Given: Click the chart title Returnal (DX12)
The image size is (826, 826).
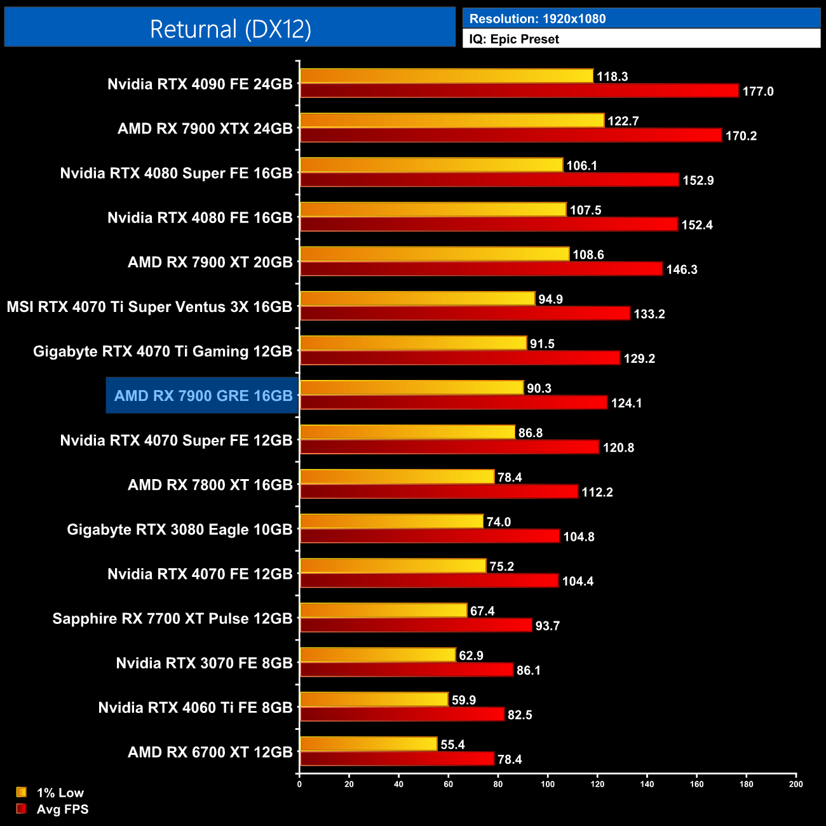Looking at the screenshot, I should [x=230, y=29].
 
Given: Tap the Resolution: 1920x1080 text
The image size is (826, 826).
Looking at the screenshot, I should [x=538, y=19].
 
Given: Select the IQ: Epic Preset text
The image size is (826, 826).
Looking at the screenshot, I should [x=514, y=39].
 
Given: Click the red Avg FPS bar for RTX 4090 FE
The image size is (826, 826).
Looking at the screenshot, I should [x=519, y=91].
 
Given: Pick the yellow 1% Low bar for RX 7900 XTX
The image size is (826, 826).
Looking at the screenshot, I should [x=452, y=120].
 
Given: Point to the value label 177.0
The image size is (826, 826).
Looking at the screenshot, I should [x=758, y=91].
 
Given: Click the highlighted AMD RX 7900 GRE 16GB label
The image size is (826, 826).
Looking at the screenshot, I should [x=203, y=396].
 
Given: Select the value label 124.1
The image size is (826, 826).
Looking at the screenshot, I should [x=626, y=403].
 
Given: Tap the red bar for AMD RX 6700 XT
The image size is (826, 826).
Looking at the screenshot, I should [x=397, y=759].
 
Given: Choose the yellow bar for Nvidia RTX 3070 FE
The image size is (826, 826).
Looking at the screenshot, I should [x=378, y=654].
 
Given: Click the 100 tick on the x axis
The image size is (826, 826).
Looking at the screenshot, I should [x=548, y=784].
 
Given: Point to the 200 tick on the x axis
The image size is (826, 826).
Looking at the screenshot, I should [x=796, y=784].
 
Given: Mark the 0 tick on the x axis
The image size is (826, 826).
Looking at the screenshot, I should [x=299, y=784].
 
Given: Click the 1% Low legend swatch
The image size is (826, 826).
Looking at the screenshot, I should [x=22, y=792].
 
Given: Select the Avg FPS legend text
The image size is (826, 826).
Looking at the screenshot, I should [x=62, y=809].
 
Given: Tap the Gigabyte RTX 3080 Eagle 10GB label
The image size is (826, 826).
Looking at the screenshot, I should [x=180, y=529].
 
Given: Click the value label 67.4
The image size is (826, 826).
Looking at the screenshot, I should [x=482, y=611].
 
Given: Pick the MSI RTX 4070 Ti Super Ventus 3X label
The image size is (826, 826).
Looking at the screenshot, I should [x=149, y=307].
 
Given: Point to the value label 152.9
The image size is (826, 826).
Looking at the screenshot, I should [x=698, y=180].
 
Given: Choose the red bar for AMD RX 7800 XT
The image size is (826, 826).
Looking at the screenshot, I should [x=439, y=491].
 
